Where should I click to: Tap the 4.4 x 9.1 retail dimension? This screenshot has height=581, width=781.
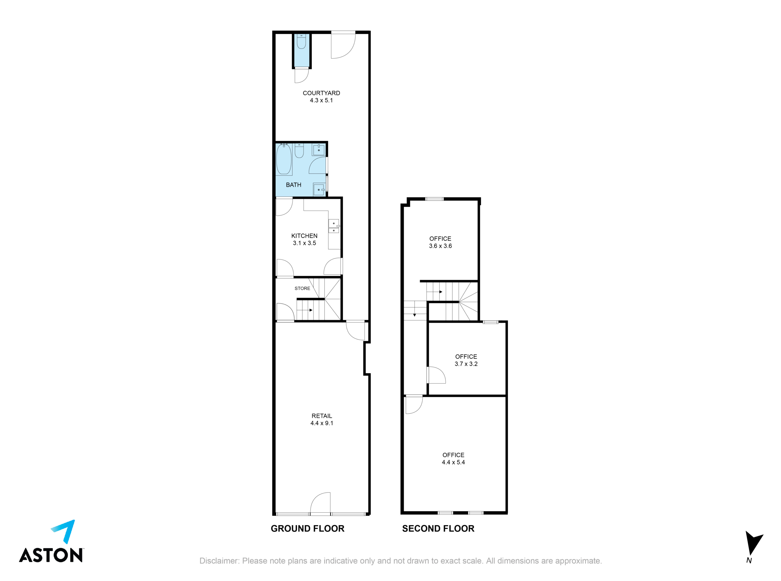(x=322, y=423)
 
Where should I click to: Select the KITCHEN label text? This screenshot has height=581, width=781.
(x=304, y=236)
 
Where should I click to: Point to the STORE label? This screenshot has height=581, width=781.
(x=302, y=288)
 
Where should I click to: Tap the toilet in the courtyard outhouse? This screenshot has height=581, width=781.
(x=301, y=41)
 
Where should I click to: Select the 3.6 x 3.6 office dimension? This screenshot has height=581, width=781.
(x=440, y=246)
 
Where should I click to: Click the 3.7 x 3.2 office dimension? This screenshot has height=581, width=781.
(x=466, y=364)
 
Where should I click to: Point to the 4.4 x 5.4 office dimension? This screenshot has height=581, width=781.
(x=453, y=462)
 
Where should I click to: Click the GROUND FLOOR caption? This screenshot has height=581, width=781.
(x=307, y=528)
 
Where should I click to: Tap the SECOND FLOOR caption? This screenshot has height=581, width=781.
(x=438, y=528)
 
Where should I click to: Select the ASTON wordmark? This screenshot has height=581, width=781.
(x=51, y=555)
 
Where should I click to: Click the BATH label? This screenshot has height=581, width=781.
(x=293, y=185)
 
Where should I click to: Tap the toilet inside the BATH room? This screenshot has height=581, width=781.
(x=299, y=150)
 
